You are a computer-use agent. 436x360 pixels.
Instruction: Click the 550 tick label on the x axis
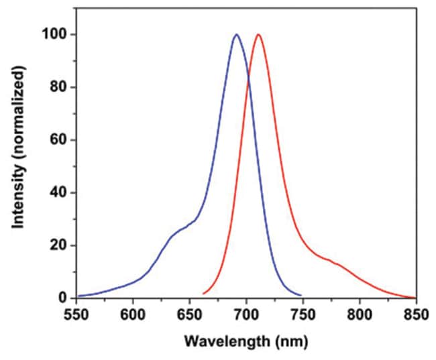click(x=76, y=313)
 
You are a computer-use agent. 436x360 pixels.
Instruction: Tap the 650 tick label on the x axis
click(x=190, y=313)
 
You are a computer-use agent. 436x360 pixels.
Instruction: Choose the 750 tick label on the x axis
click(x=303, y=313)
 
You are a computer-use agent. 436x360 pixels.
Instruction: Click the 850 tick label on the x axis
click(x=416, y=313)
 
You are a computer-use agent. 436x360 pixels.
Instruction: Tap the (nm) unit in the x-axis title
click(x=289, y=343)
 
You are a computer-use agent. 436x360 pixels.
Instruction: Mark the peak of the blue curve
click(x=236, y=35)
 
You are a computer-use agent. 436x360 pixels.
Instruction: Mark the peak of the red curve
click(x=258, y=35)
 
